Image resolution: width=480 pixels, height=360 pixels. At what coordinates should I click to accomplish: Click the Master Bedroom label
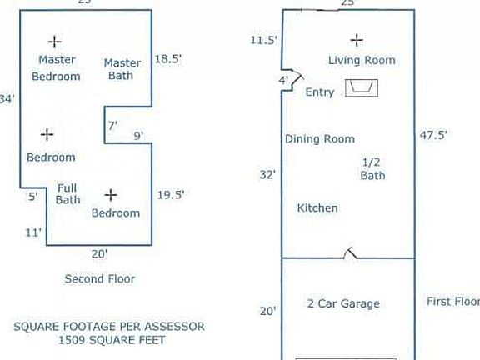(x=57, y=68)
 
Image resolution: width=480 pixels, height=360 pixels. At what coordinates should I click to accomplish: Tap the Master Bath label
(x=122, y=69)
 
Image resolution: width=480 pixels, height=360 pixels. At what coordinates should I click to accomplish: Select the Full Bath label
(x=68, y=193)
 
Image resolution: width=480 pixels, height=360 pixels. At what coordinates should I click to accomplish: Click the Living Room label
(x=362, y=60)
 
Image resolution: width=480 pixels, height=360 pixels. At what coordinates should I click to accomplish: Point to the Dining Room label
(x=320, y=139)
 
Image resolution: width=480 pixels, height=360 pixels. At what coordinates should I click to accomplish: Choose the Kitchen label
(x=317, y=207)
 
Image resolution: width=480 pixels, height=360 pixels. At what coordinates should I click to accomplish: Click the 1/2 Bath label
(x=372, y=168)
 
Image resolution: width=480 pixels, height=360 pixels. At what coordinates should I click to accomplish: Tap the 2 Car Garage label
(x=343, y=303)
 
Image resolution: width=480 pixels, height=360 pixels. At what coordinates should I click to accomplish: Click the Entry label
(x=320, y=92)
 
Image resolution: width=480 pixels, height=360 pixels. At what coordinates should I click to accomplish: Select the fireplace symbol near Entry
(x=362, y=87)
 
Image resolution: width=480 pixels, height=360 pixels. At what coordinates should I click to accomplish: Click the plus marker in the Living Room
(x=357, y=39)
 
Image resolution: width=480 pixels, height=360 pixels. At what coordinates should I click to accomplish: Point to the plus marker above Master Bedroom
(x=54, y=41)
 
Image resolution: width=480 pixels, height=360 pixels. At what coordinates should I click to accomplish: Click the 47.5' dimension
(x=433, y=135)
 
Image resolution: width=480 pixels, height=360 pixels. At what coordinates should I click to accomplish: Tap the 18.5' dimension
(x=169, y=60)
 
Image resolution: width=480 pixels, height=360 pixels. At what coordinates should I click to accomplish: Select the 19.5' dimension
(x=171, y=194)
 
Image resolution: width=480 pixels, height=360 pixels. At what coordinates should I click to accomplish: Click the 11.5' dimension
(x=263, y=40)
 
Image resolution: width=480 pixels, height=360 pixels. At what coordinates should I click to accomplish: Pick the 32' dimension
(x=268, y=175)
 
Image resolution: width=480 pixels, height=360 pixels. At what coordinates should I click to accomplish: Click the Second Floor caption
(x=99, y=279)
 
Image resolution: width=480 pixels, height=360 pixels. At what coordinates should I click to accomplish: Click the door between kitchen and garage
(x=352, y=252)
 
